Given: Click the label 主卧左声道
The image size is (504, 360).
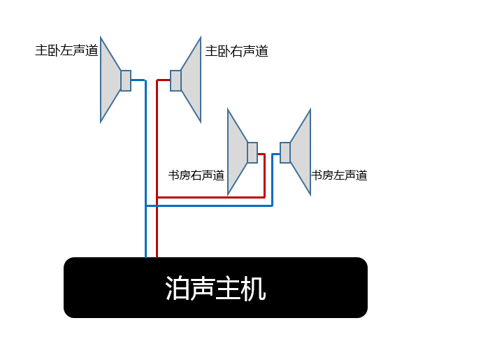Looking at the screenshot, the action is pyautogui.click(x=66, y=50).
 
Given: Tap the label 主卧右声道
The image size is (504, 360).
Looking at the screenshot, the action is pyautogui.click(x=236, y=51).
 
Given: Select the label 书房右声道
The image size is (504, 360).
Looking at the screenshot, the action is pyautogui.click(x=196, y=175).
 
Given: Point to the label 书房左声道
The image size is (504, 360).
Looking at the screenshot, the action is pyautogui.click(x=339, y=175).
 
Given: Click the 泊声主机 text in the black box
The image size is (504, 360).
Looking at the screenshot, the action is pyautogui.click(x=215, y=288).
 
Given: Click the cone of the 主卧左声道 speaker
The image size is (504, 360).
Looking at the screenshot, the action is pyautogui.click(x=109, y=80).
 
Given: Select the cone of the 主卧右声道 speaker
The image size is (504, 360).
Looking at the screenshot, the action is pyautogui.click(x=192, y=80).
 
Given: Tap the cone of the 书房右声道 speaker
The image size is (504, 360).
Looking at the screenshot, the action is pyautogui.click(x=236, y=152).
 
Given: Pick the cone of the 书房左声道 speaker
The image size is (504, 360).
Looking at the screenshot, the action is pyautogui.click(x=301, y=152).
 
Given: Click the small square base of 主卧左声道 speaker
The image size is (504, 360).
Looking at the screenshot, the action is pyautogui.click(x=126, y=80).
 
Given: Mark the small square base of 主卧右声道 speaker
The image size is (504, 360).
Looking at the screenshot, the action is pyautogui.click(x=175, y=80).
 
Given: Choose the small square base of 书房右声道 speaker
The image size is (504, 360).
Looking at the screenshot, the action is pyautogui.click(x=252, y=152).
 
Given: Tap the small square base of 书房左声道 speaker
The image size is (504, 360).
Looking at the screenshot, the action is pyautogui.click(x=285, y=152).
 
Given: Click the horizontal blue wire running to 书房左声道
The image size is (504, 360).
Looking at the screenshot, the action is pyautogui.click(x=209, y=206).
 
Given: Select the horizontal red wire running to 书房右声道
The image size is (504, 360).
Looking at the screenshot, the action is pyautogui.click(x=211, y=197).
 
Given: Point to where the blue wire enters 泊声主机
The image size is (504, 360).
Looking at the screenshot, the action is pyautogui.click(x=146, y=257).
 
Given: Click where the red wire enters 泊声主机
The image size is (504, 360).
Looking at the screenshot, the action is pyautogui.click(x=157, y=257).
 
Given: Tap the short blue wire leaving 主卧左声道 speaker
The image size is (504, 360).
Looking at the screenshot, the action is pyautogui.click(x=138, y=80).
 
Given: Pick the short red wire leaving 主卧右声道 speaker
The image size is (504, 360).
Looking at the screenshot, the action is pyautogui.click(x=164, y=80).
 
